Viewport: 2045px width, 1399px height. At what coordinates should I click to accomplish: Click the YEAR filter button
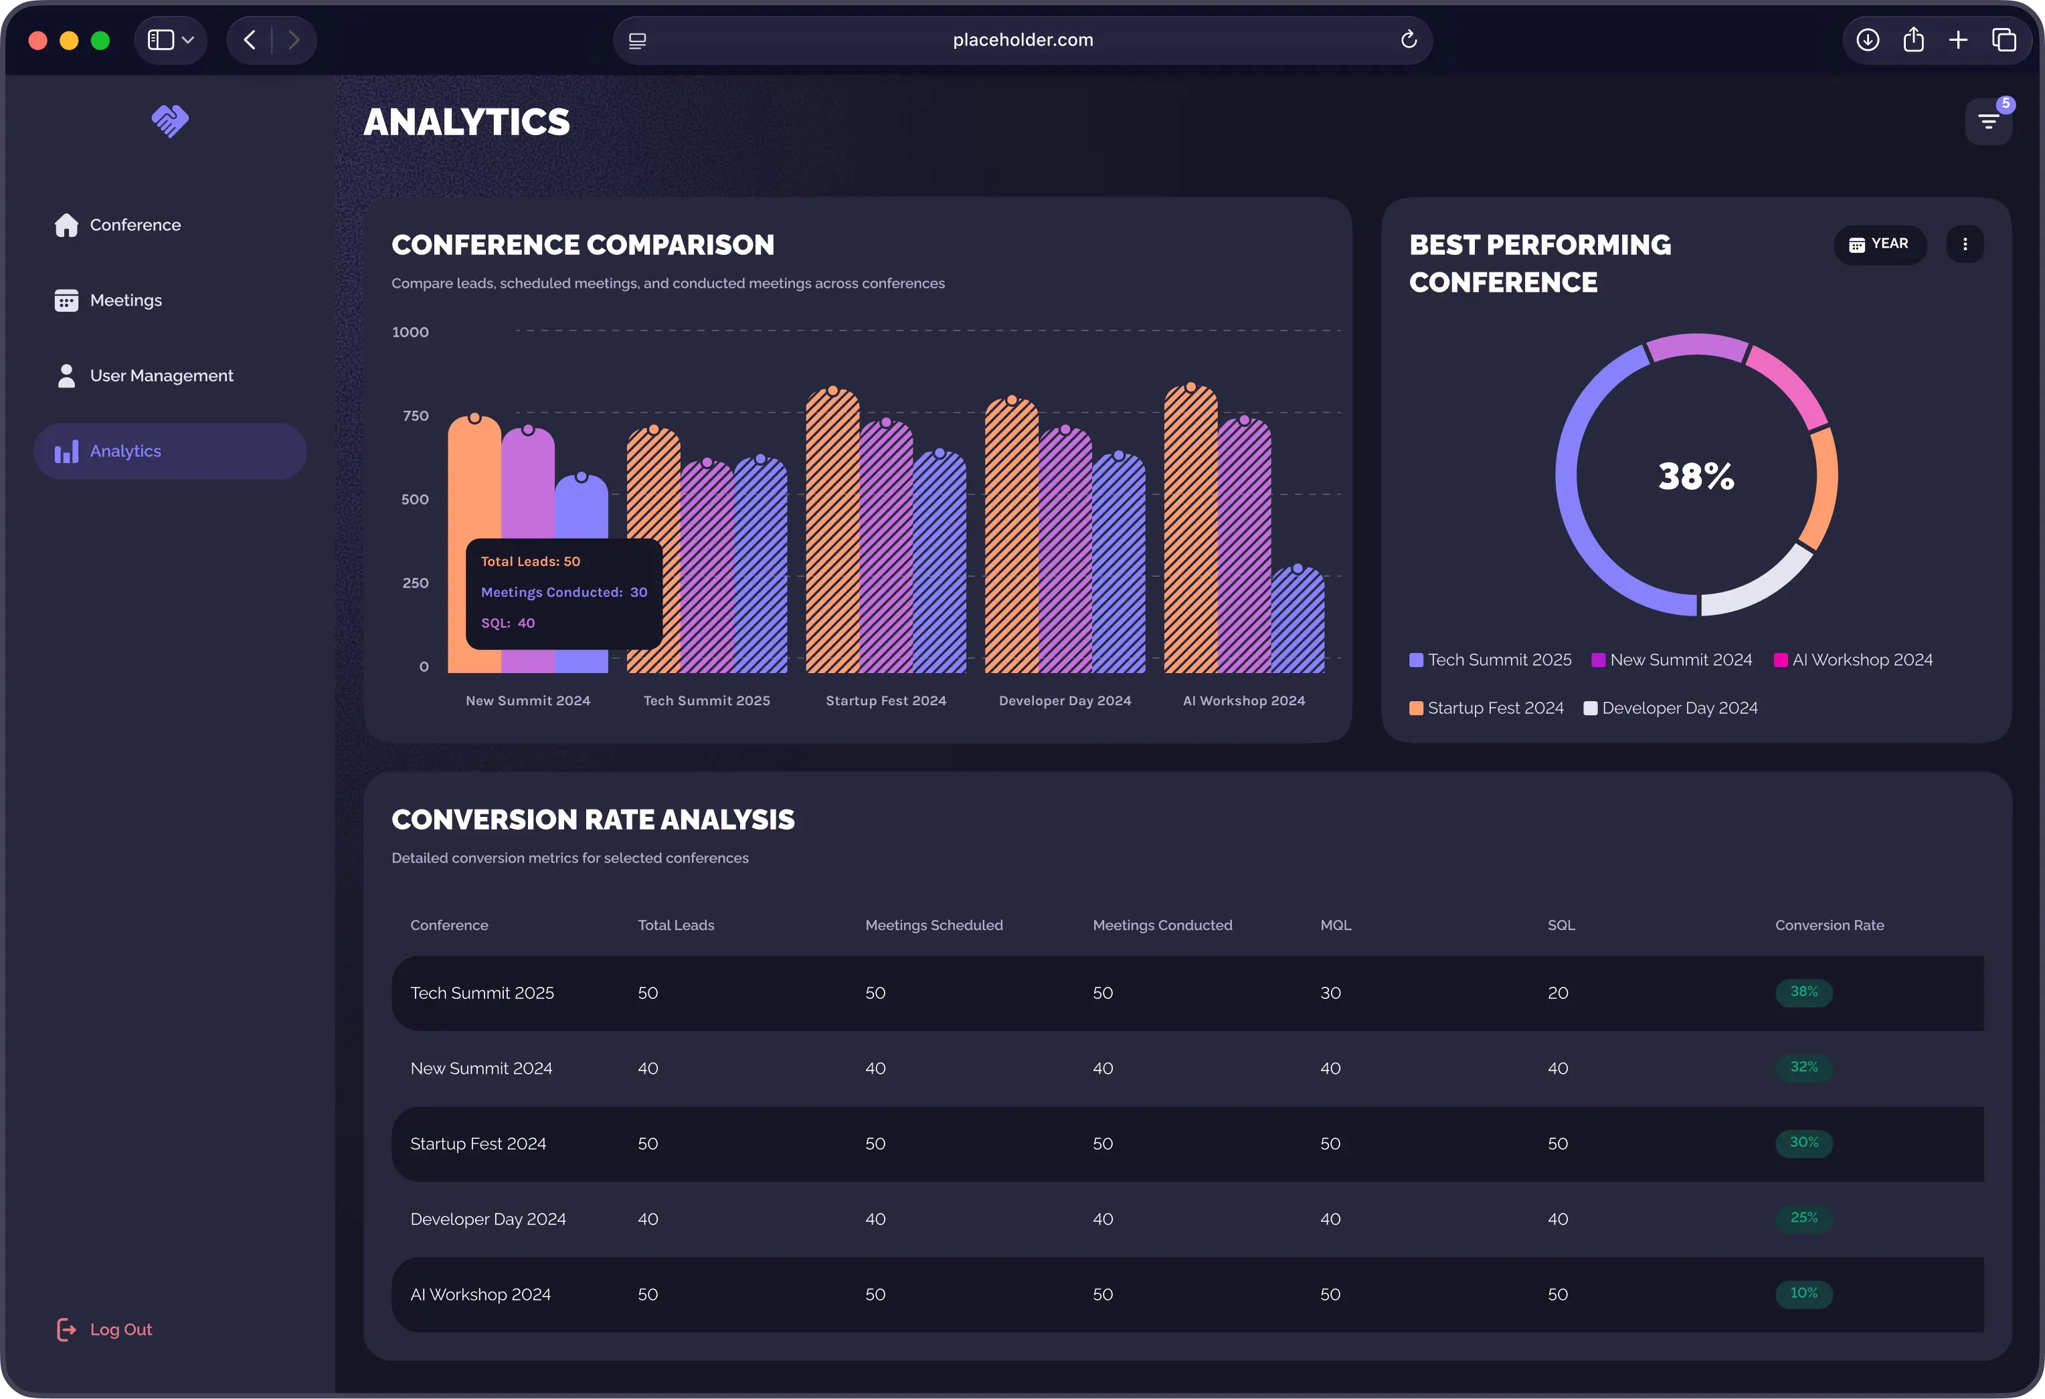click(1880, 244)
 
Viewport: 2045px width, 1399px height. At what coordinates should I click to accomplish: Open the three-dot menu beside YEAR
click(1964, 244)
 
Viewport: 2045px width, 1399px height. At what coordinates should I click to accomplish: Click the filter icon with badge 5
click(1988, 121)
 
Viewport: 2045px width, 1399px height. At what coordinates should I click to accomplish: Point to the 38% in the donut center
click(1696, 476)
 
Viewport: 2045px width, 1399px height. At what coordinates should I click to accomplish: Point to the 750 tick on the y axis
click(416, 415)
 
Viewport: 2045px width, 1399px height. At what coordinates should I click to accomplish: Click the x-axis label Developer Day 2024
click(1065, 701)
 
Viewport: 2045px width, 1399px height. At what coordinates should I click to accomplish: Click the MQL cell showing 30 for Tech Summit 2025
click(1330, 992)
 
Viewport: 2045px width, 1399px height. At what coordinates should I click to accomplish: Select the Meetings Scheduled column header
click(933, 925)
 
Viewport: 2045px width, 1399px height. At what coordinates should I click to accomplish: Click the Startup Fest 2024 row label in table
click(478, 1144)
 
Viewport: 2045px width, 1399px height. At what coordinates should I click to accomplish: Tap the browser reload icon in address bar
click(1408, 39)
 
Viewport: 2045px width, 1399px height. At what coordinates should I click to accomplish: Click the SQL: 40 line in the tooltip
click(508, 623)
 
